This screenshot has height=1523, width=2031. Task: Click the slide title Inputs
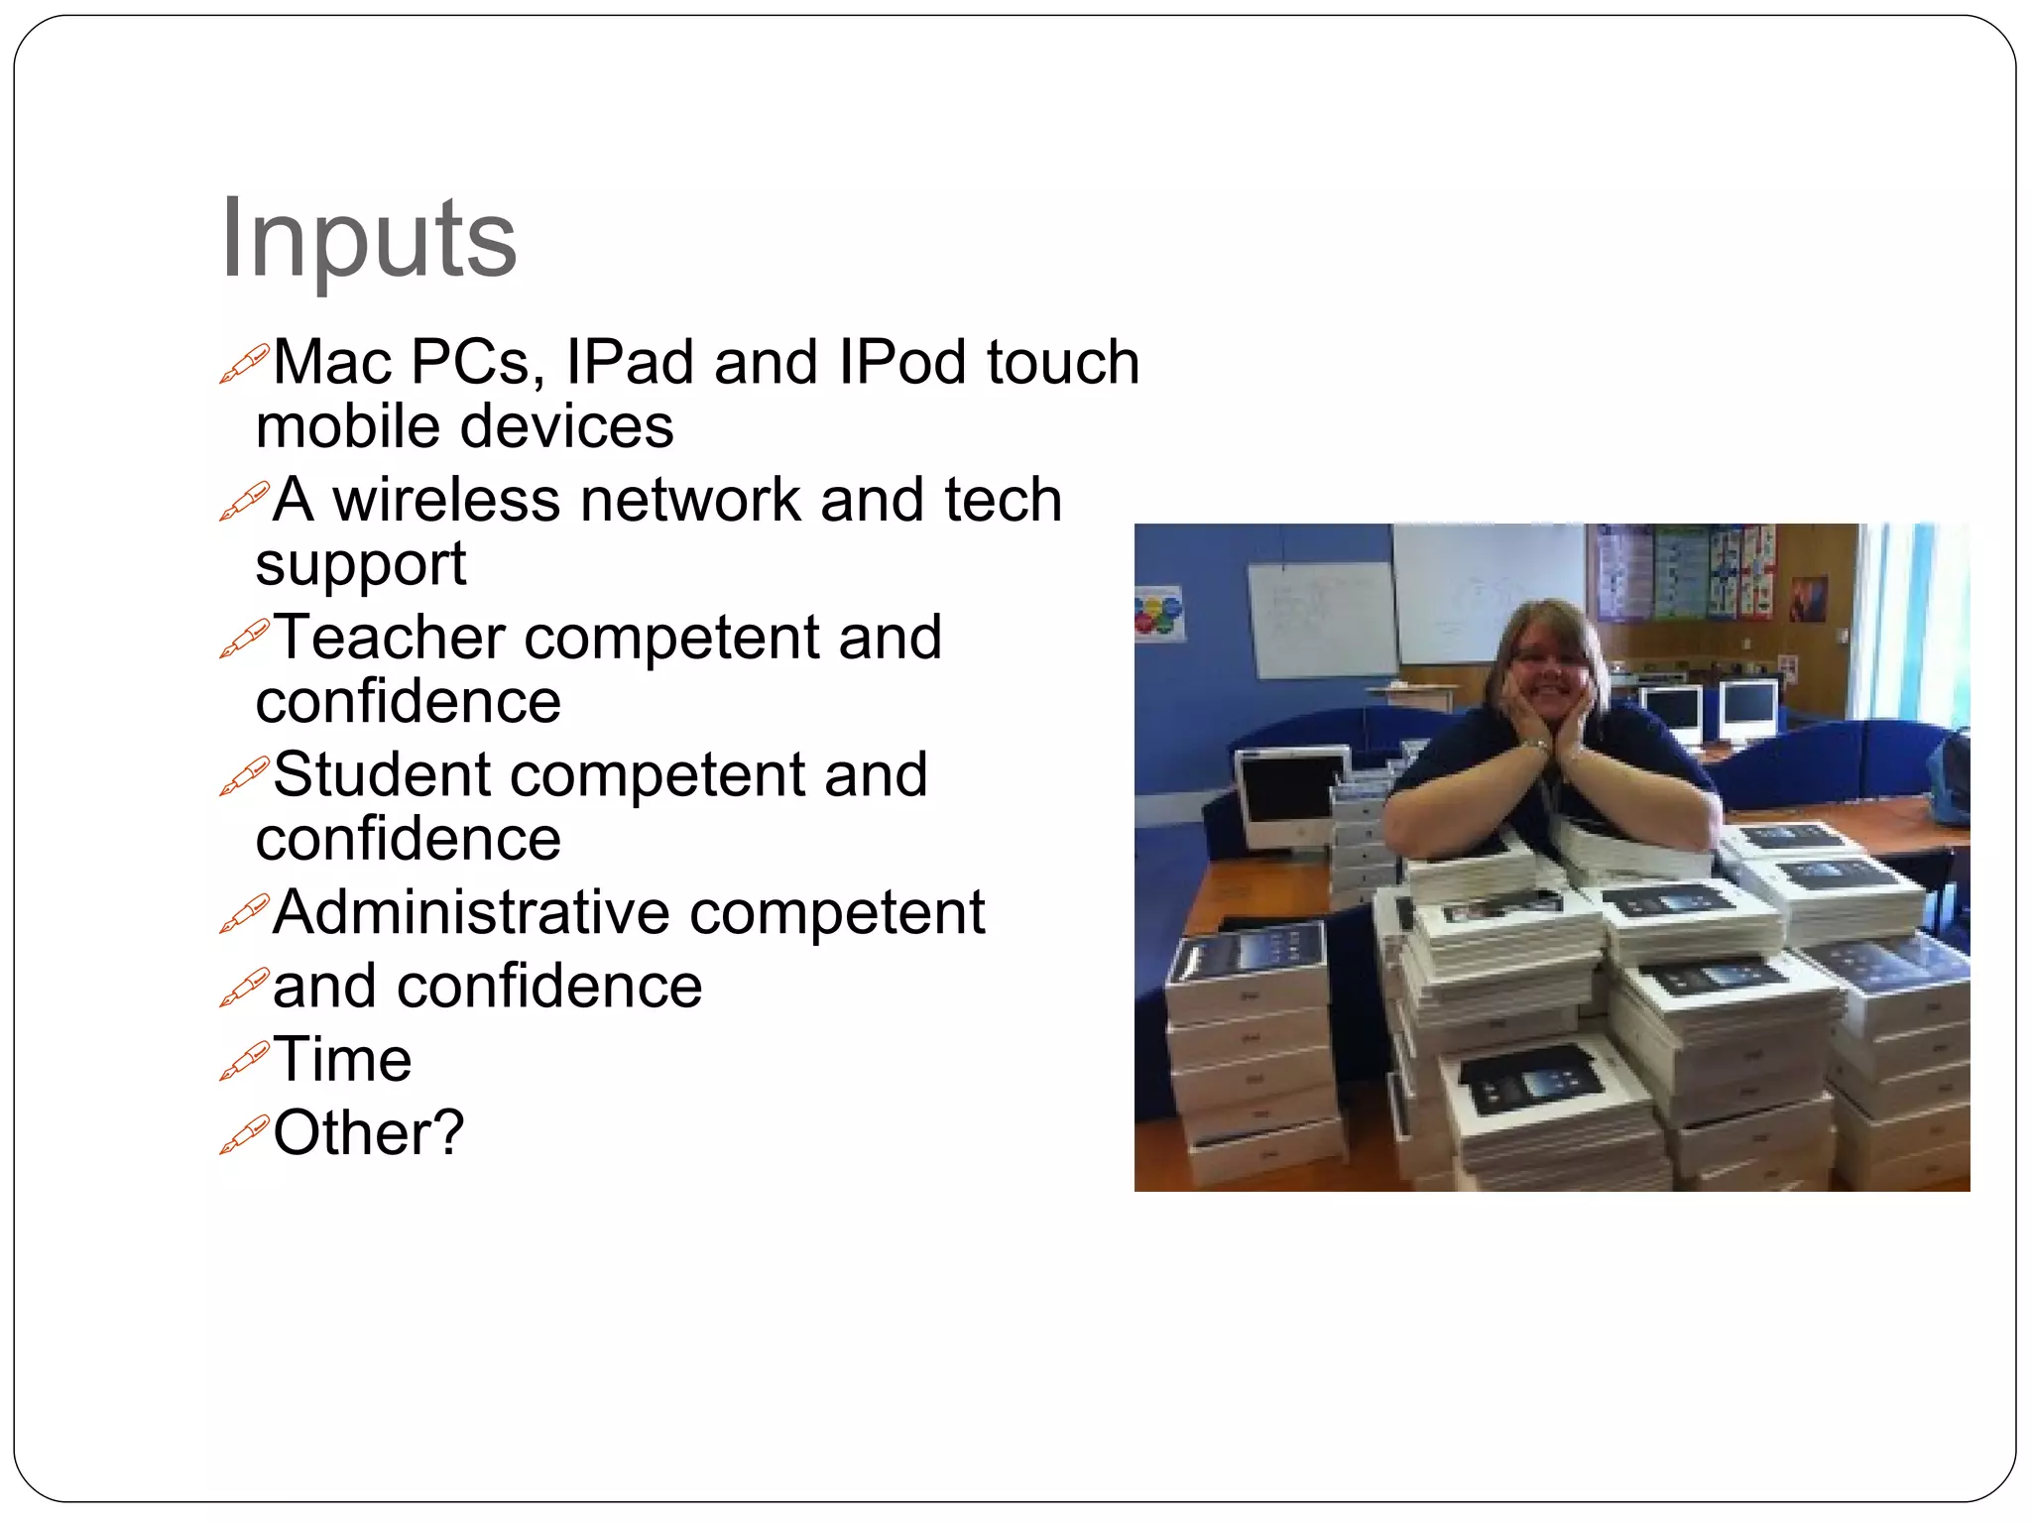368,239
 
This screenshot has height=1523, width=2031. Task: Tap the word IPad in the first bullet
629,362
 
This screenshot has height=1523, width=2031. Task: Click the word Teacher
389,637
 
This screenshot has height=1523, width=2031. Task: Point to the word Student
382,774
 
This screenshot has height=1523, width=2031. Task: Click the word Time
342,1059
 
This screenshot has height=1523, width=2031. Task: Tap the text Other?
368,1132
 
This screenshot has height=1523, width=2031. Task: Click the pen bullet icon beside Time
243,1061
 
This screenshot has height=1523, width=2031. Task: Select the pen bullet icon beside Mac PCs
243,364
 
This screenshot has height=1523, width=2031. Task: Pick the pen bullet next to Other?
243,1134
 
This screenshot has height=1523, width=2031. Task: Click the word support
360,565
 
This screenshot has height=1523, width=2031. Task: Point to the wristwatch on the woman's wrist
1536,744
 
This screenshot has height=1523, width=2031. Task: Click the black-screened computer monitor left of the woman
1286,797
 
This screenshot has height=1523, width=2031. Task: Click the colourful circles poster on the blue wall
1158,612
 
